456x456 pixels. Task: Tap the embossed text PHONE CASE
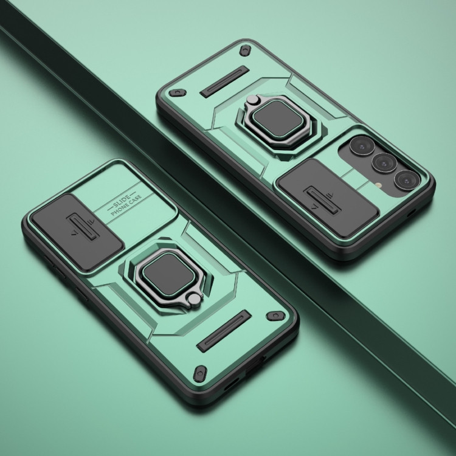click(x=126, y=206)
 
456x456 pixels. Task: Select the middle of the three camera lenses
click(x=384, y=162)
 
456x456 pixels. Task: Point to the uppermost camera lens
click(x=362, y=146)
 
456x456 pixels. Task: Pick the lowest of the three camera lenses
click(x=407, y=180)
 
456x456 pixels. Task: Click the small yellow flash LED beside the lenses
click(x=378, y=185)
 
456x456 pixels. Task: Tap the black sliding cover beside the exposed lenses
click(x=328, y=198)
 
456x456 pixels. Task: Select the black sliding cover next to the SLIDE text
click(x=77, y=232)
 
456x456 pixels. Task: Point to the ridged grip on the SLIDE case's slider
click(x=83, y=227)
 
